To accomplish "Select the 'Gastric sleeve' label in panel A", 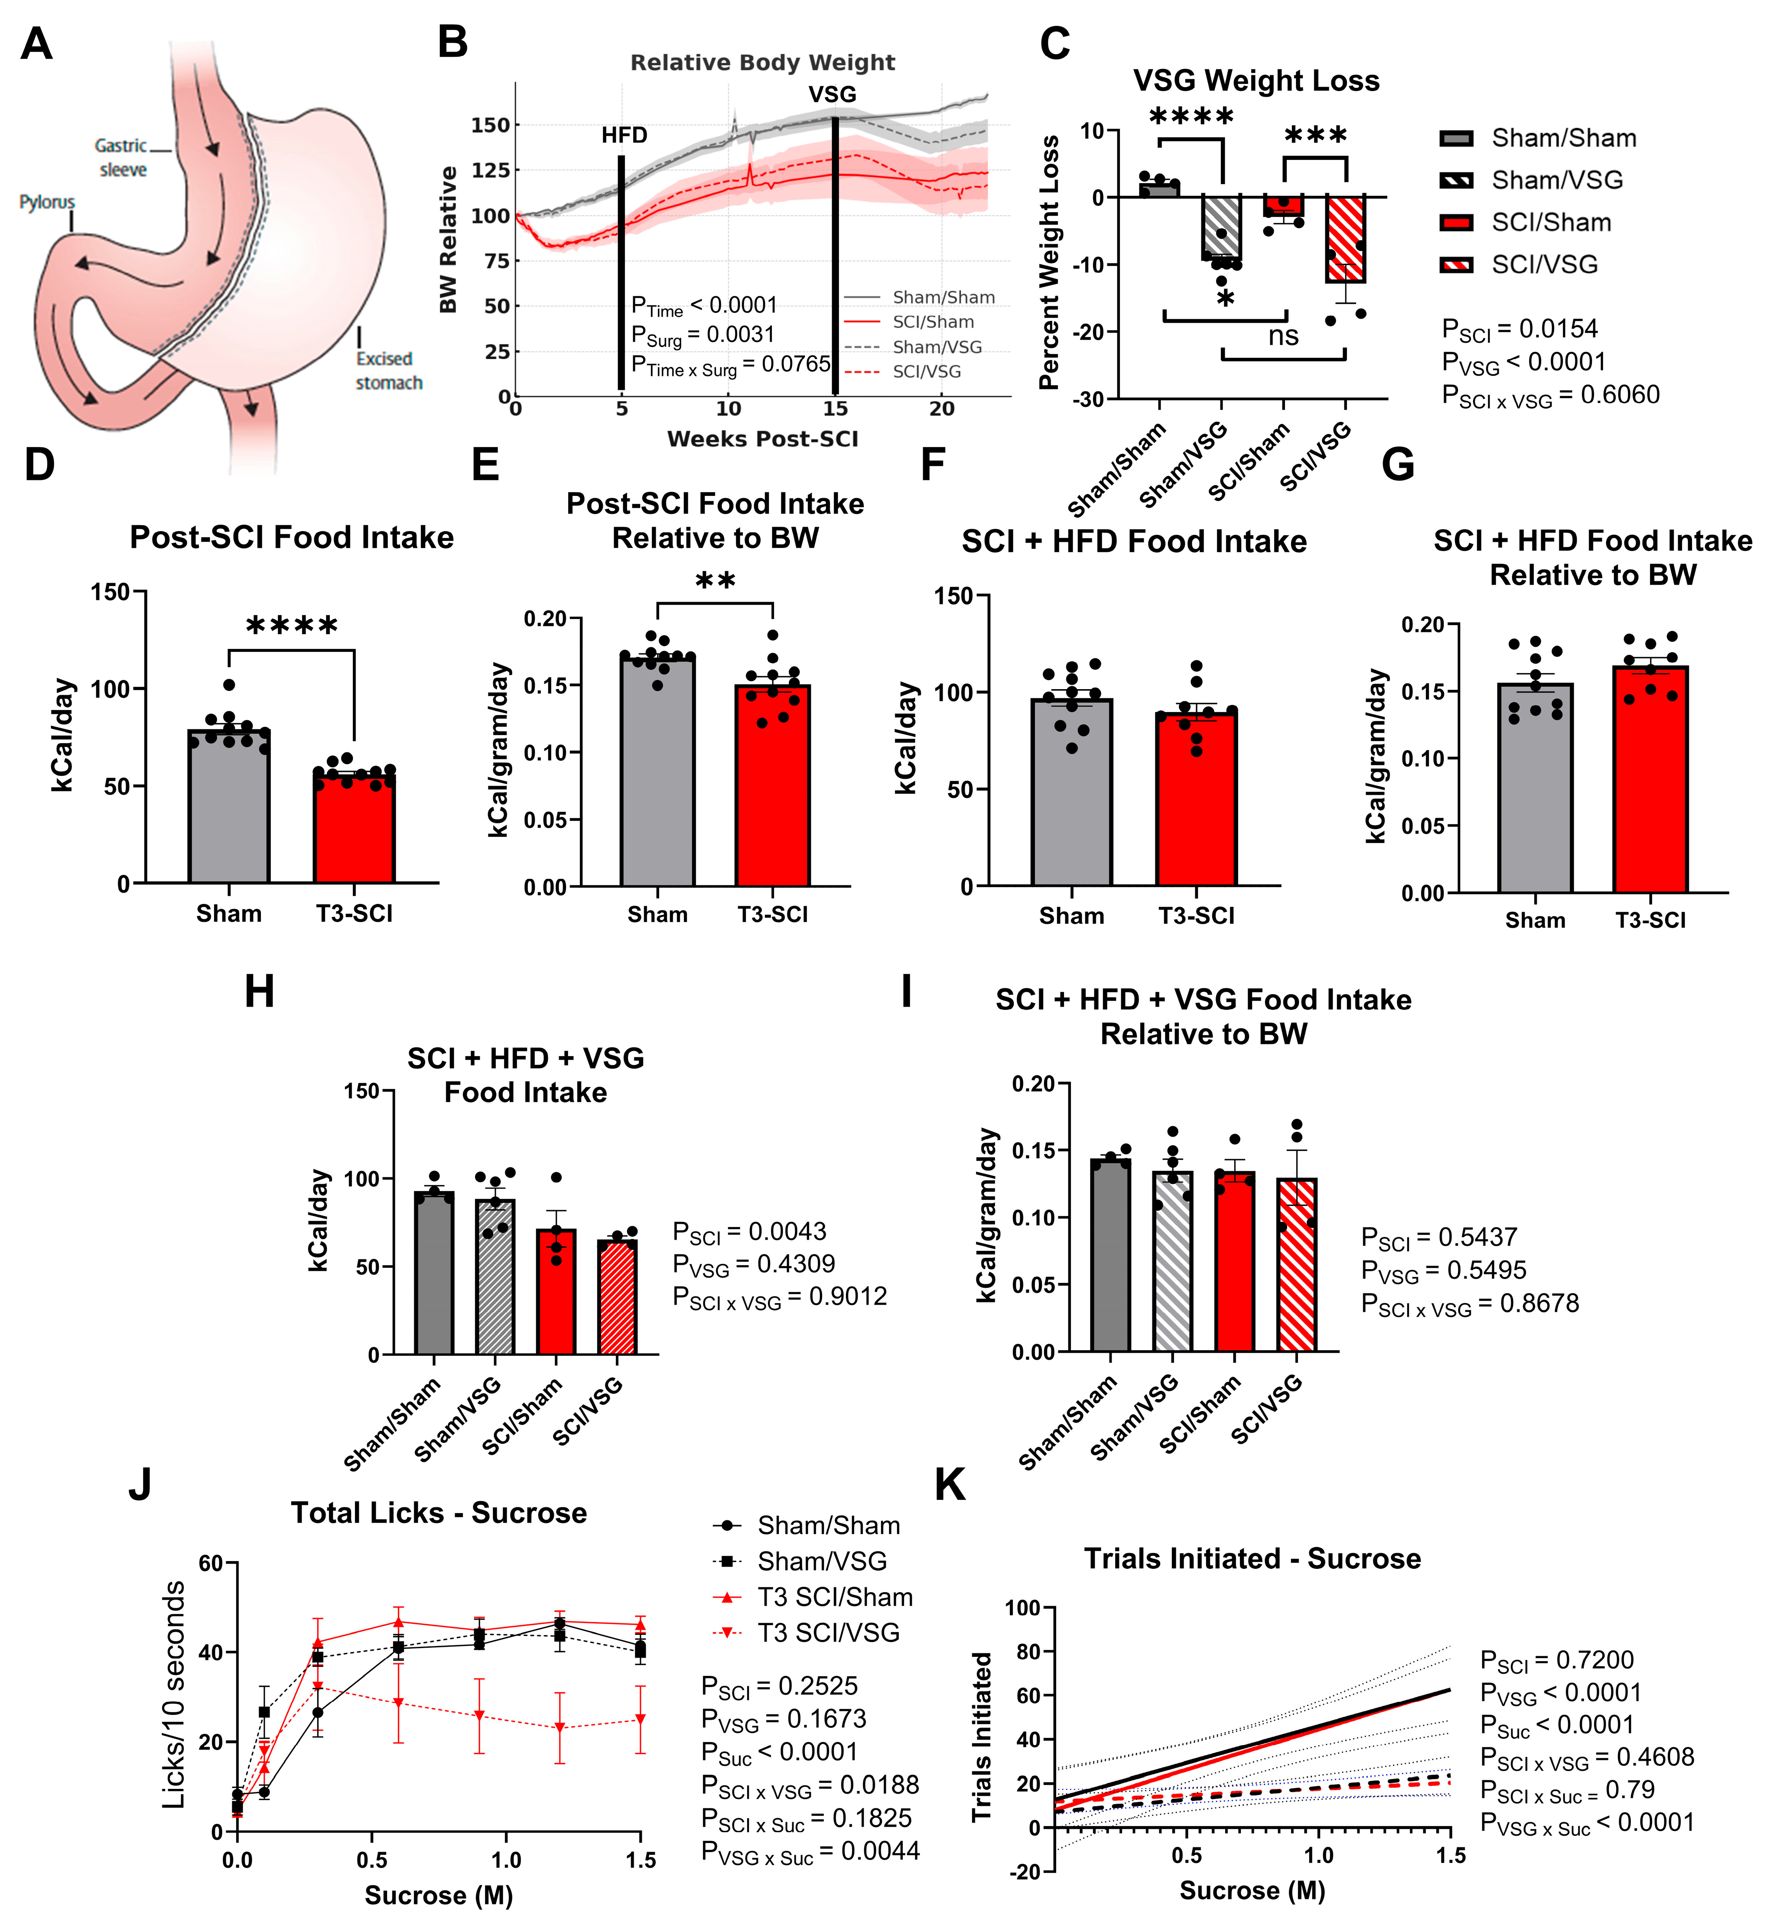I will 122,157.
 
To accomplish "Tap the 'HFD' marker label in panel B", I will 624,135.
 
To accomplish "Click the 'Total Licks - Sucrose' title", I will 439,1513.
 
